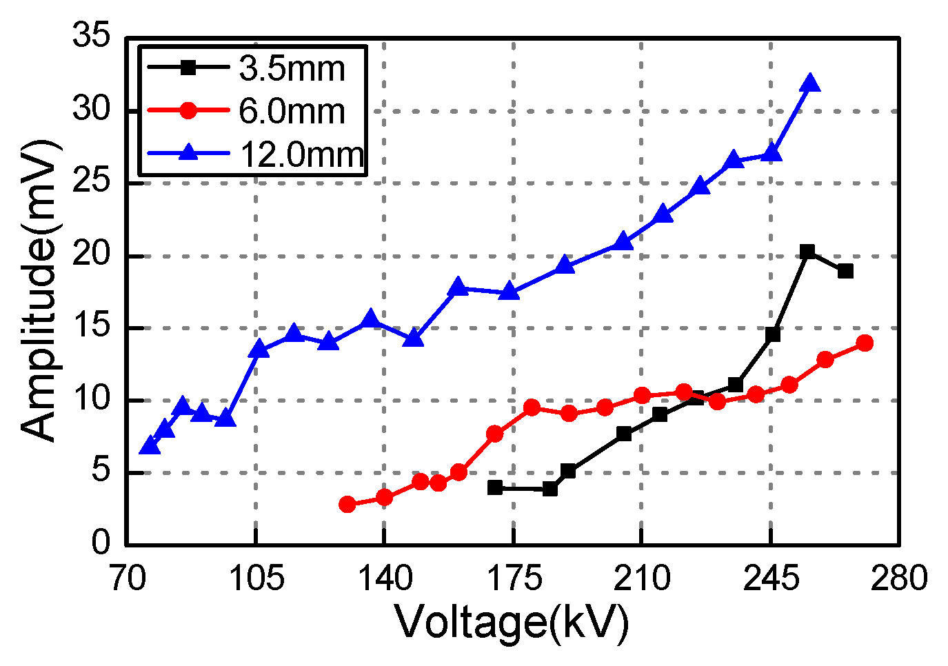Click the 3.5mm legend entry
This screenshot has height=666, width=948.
click(291, 68)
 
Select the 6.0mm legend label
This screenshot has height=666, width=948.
click(291, 111)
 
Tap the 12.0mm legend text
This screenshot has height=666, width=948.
click(301, 154)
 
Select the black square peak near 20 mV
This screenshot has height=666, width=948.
click(807, 252)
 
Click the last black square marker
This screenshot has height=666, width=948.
click(845, 271)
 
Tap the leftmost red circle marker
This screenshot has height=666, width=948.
click(347, 505)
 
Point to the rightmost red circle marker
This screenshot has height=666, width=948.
click(865, 343)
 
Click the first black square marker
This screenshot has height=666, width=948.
click(494, 487)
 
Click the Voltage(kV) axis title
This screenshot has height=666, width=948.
click(512, 622)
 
